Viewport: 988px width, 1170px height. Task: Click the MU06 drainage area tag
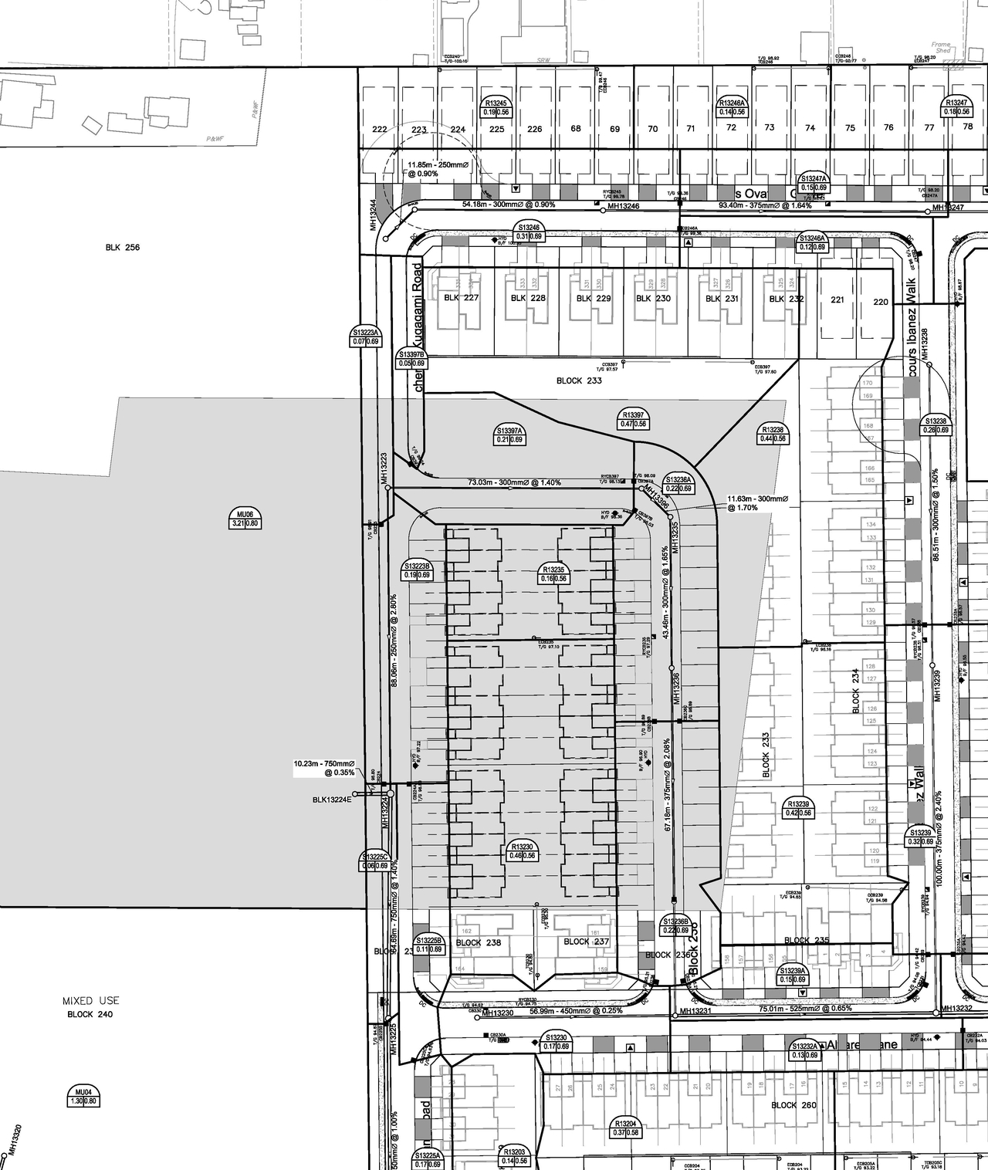(245, 519)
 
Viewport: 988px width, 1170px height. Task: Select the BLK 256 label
(123, 248)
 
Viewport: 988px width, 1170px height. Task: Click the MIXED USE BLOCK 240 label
(90, 1007)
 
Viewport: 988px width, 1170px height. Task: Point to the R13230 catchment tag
(522, 850)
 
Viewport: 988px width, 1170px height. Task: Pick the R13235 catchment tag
(554, 573)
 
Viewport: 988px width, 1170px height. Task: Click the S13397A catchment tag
(509, 435)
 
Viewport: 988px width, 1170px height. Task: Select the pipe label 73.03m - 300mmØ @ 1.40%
(514, 482)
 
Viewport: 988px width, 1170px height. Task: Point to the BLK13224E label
(332, 800)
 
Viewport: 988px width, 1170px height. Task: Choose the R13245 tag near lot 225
(496, 107)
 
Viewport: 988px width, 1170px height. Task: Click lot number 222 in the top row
(379, 129)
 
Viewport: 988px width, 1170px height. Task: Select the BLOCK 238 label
(478, 942)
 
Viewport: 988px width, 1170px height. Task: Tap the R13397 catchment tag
(634, 419)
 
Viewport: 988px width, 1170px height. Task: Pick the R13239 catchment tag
(799, 808)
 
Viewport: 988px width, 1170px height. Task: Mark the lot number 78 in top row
(968, 127)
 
